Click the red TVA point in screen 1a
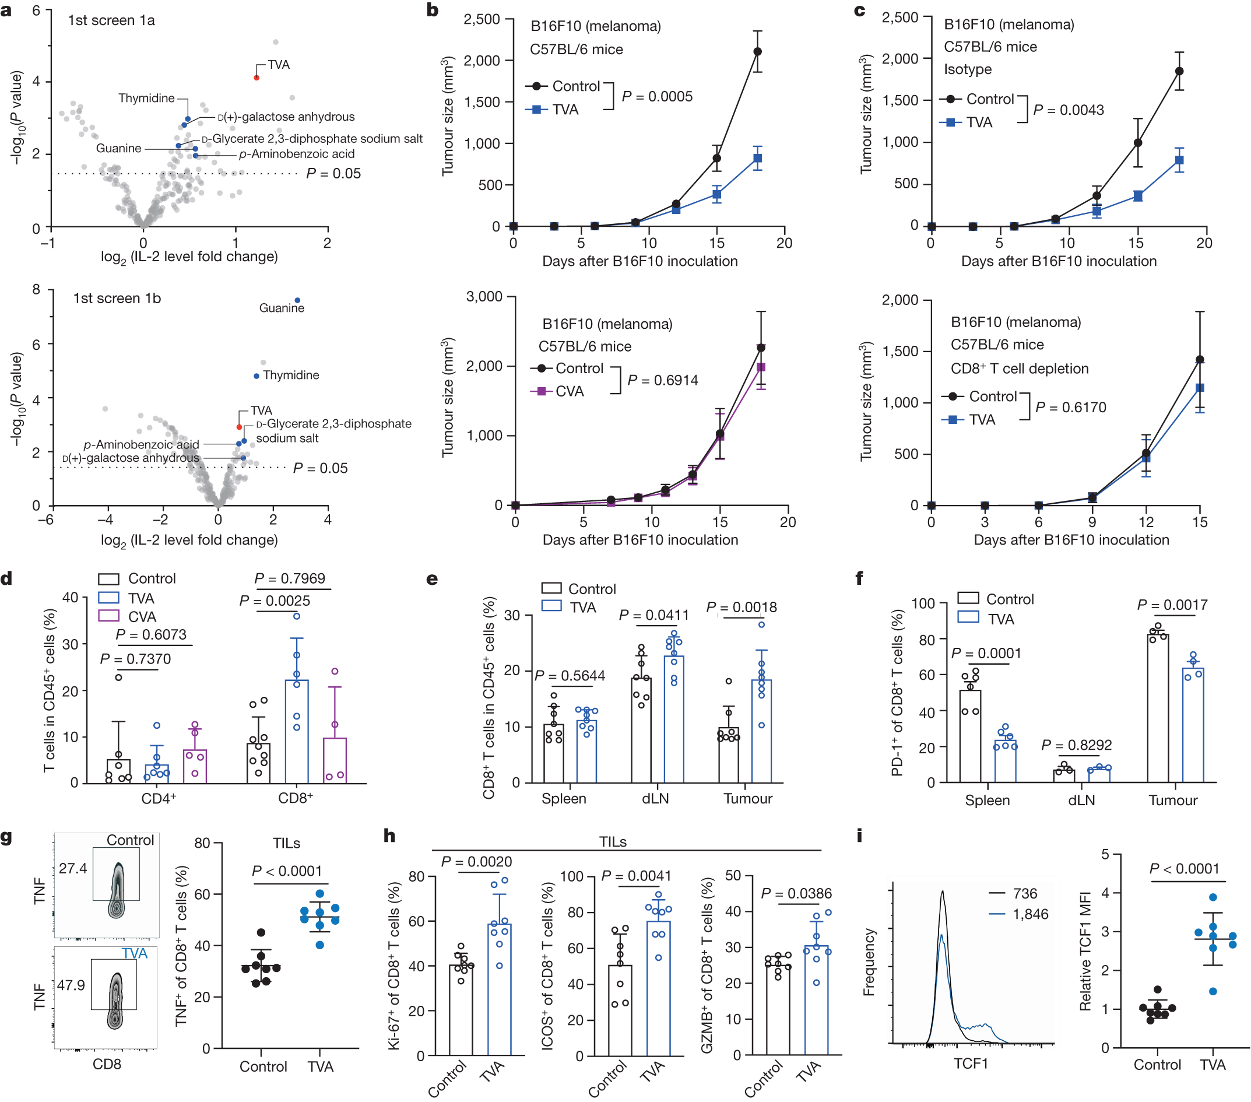pos(256,78)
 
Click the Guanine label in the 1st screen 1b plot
pos(282,308)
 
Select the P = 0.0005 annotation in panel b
pos(657,97)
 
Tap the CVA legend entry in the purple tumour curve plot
pos(569,391)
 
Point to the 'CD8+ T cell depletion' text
pos(1019,368)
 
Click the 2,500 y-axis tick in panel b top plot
pos(482,20)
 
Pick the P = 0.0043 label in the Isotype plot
pos(1069,110)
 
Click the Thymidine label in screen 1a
pos(146,98)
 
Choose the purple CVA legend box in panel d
pos(108,616)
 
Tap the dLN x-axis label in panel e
pos(655,798)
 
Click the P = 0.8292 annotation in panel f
pos(1076,745)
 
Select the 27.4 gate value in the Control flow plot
pos(73,868)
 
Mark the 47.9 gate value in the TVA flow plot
pos(71,985)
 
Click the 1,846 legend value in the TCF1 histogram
pos(1030,914)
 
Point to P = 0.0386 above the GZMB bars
pos(796,893)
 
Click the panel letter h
pos(389,836)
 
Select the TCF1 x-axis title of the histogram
pos(971,1064)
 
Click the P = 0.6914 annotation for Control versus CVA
pos(662,380)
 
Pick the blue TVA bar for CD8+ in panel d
pos(297,731)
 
